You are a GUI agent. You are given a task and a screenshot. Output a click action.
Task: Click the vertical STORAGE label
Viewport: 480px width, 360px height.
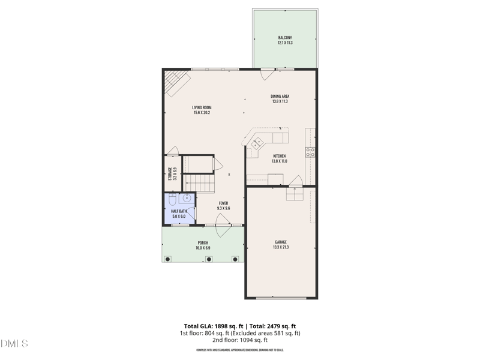coord(172,174)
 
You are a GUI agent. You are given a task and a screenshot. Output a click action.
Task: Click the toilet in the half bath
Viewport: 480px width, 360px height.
coord(172,200)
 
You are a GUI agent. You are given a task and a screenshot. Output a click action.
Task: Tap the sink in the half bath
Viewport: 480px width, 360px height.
coord(187,198)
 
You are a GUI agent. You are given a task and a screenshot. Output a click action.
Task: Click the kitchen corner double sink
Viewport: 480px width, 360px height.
coord(257,143)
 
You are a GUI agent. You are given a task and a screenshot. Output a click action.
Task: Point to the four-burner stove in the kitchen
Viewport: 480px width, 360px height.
coord(311,152)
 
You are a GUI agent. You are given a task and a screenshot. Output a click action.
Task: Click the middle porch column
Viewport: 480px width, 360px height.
coord(209,259)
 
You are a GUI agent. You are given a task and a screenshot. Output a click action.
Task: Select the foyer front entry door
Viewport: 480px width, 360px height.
coord(223,229)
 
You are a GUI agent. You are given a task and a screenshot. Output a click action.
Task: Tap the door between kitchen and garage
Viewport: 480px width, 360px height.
coord(295,181)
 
